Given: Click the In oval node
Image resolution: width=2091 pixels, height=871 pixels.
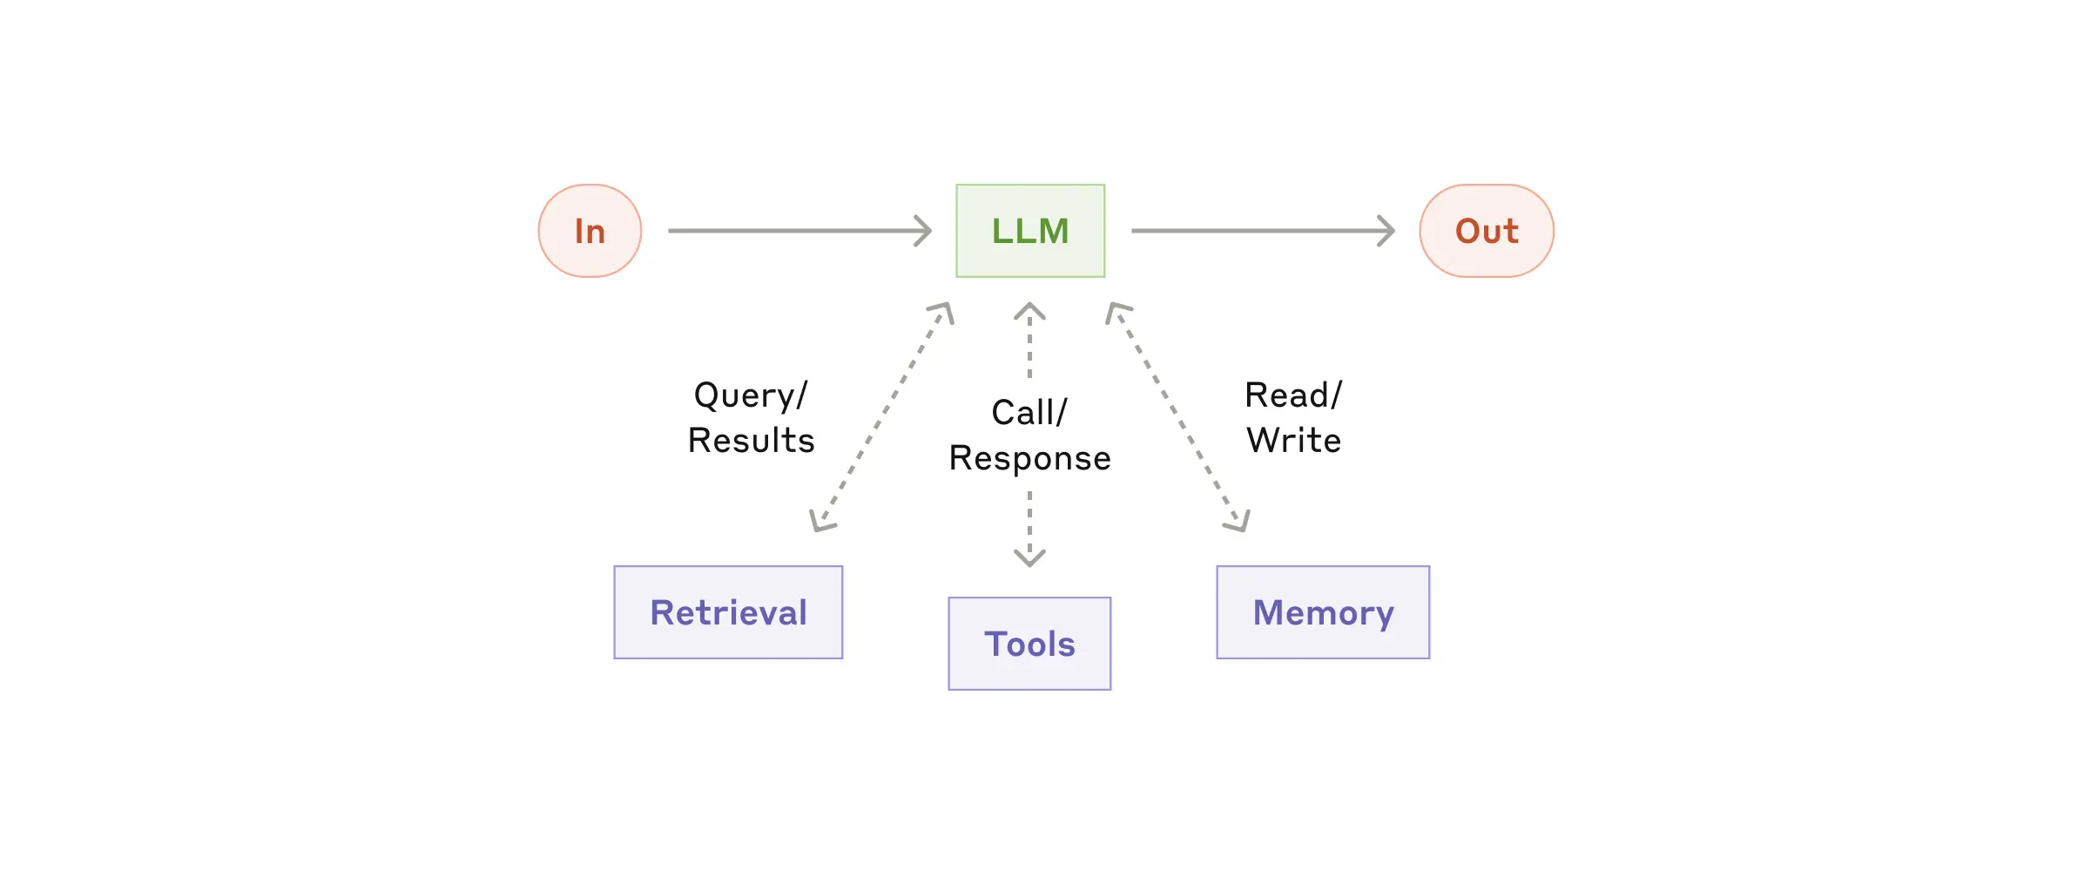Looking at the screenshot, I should tap(590, 231).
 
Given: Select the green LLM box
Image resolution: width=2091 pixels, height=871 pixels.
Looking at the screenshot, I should tap(1030, 231).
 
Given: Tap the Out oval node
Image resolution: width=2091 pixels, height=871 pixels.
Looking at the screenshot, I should tap(1487, 231).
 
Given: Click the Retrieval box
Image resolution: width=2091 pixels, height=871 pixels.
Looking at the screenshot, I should tap(728, 612).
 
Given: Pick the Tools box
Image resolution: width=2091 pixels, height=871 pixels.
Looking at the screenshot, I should tap(1029, 644).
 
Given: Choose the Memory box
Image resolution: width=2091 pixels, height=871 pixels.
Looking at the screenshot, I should tap(1323, 612).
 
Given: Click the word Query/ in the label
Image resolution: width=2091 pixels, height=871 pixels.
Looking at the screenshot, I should tap(751, 395).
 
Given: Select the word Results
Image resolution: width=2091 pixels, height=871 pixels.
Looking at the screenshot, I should tap(751, 441).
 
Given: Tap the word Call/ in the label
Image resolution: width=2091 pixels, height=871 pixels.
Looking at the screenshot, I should tap(1029, 413).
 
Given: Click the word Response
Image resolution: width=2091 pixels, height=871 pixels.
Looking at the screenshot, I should tap(1029, 458).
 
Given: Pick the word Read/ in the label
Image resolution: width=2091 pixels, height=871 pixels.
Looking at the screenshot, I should tap(1293, 395).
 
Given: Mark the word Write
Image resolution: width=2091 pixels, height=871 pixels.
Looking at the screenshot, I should tap(1293, 441).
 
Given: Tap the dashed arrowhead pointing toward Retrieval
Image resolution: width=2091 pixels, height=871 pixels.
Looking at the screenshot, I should tap(820, 521).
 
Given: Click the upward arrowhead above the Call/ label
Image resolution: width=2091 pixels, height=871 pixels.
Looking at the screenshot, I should tap(1029, 310).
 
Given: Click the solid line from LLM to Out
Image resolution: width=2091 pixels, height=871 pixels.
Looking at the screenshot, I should tap(1254, 231).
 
